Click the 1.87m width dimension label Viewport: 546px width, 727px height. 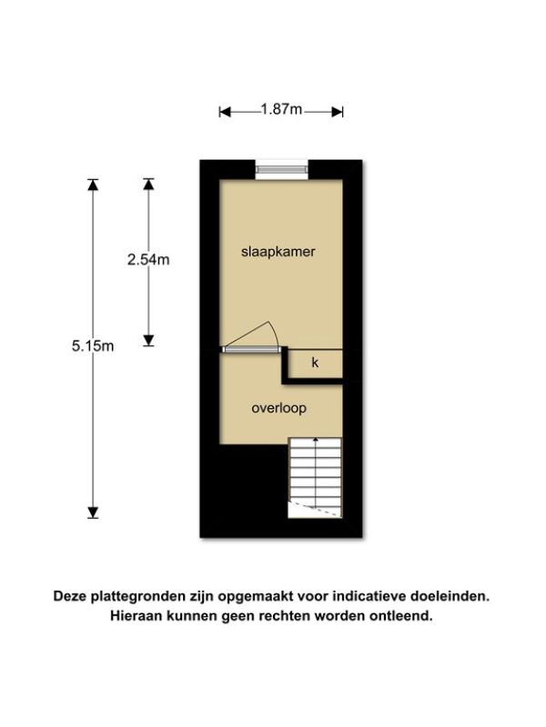[281, 109]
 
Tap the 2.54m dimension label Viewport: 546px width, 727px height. [148, 260]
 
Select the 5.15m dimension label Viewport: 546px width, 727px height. [93, 346]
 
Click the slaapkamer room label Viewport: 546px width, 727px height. [278, 252]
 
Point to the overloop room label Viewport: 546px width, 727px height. [279, 408]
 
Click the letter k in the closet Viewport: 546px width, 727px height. [315, 363]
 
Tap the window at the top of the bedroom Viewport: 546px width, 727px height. [282, 169]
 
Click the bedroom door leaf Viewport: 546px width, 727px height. [251, 350]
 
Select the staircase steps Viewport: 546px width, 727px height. [315, 478]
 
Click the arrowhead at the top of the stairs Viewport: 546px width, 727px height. [316, 439]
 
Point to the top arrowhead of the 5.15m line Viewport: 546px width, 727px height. [93, 184]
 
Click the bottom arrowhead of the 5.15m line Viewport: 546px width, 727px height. [93, 513]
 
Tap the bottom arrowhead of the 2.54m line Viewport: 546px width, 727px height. [148, 341]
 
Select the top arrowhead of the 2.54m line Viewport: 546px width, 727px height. [148, 184]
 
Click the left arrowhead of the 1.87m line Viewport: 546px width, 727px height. [225, 112]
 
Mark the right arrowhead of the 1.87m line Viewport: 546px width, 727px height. [338, 112]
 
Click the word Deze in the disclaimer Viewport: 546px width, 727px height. [71, 596]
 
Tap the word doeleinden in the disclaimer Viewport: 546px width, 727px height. [450, 596]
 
